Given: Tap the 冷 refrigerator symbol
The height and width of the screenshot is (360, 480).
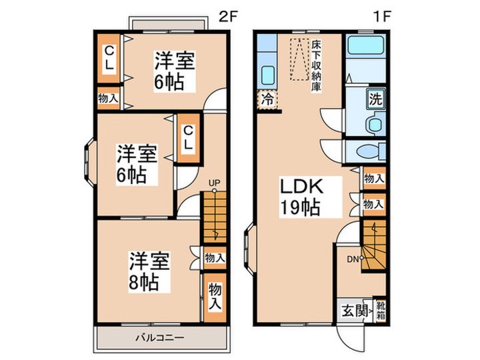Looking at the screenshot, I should tap(266, 101).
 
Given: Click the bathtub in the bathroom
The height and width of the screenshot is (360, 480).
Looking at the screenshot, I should tap(366, 48).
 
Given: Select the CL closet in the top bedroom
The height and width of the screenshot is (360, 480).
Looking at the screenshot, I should tap(109, 59).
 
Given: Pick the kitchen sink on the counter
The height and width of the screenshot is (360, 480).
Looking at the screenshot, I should tap(268, 74).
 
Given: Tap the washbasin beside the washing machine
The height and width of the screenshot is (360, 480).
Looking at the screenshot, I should tap(376, 123).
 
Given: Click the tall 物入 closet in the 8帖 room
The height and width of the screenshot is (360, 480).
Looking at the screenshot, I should tap(214, 294).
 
